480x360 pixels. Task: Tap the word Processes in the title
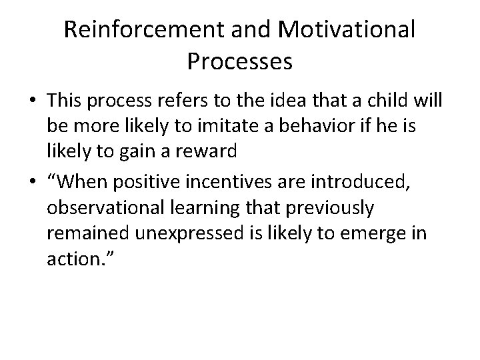click(239, 61)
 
